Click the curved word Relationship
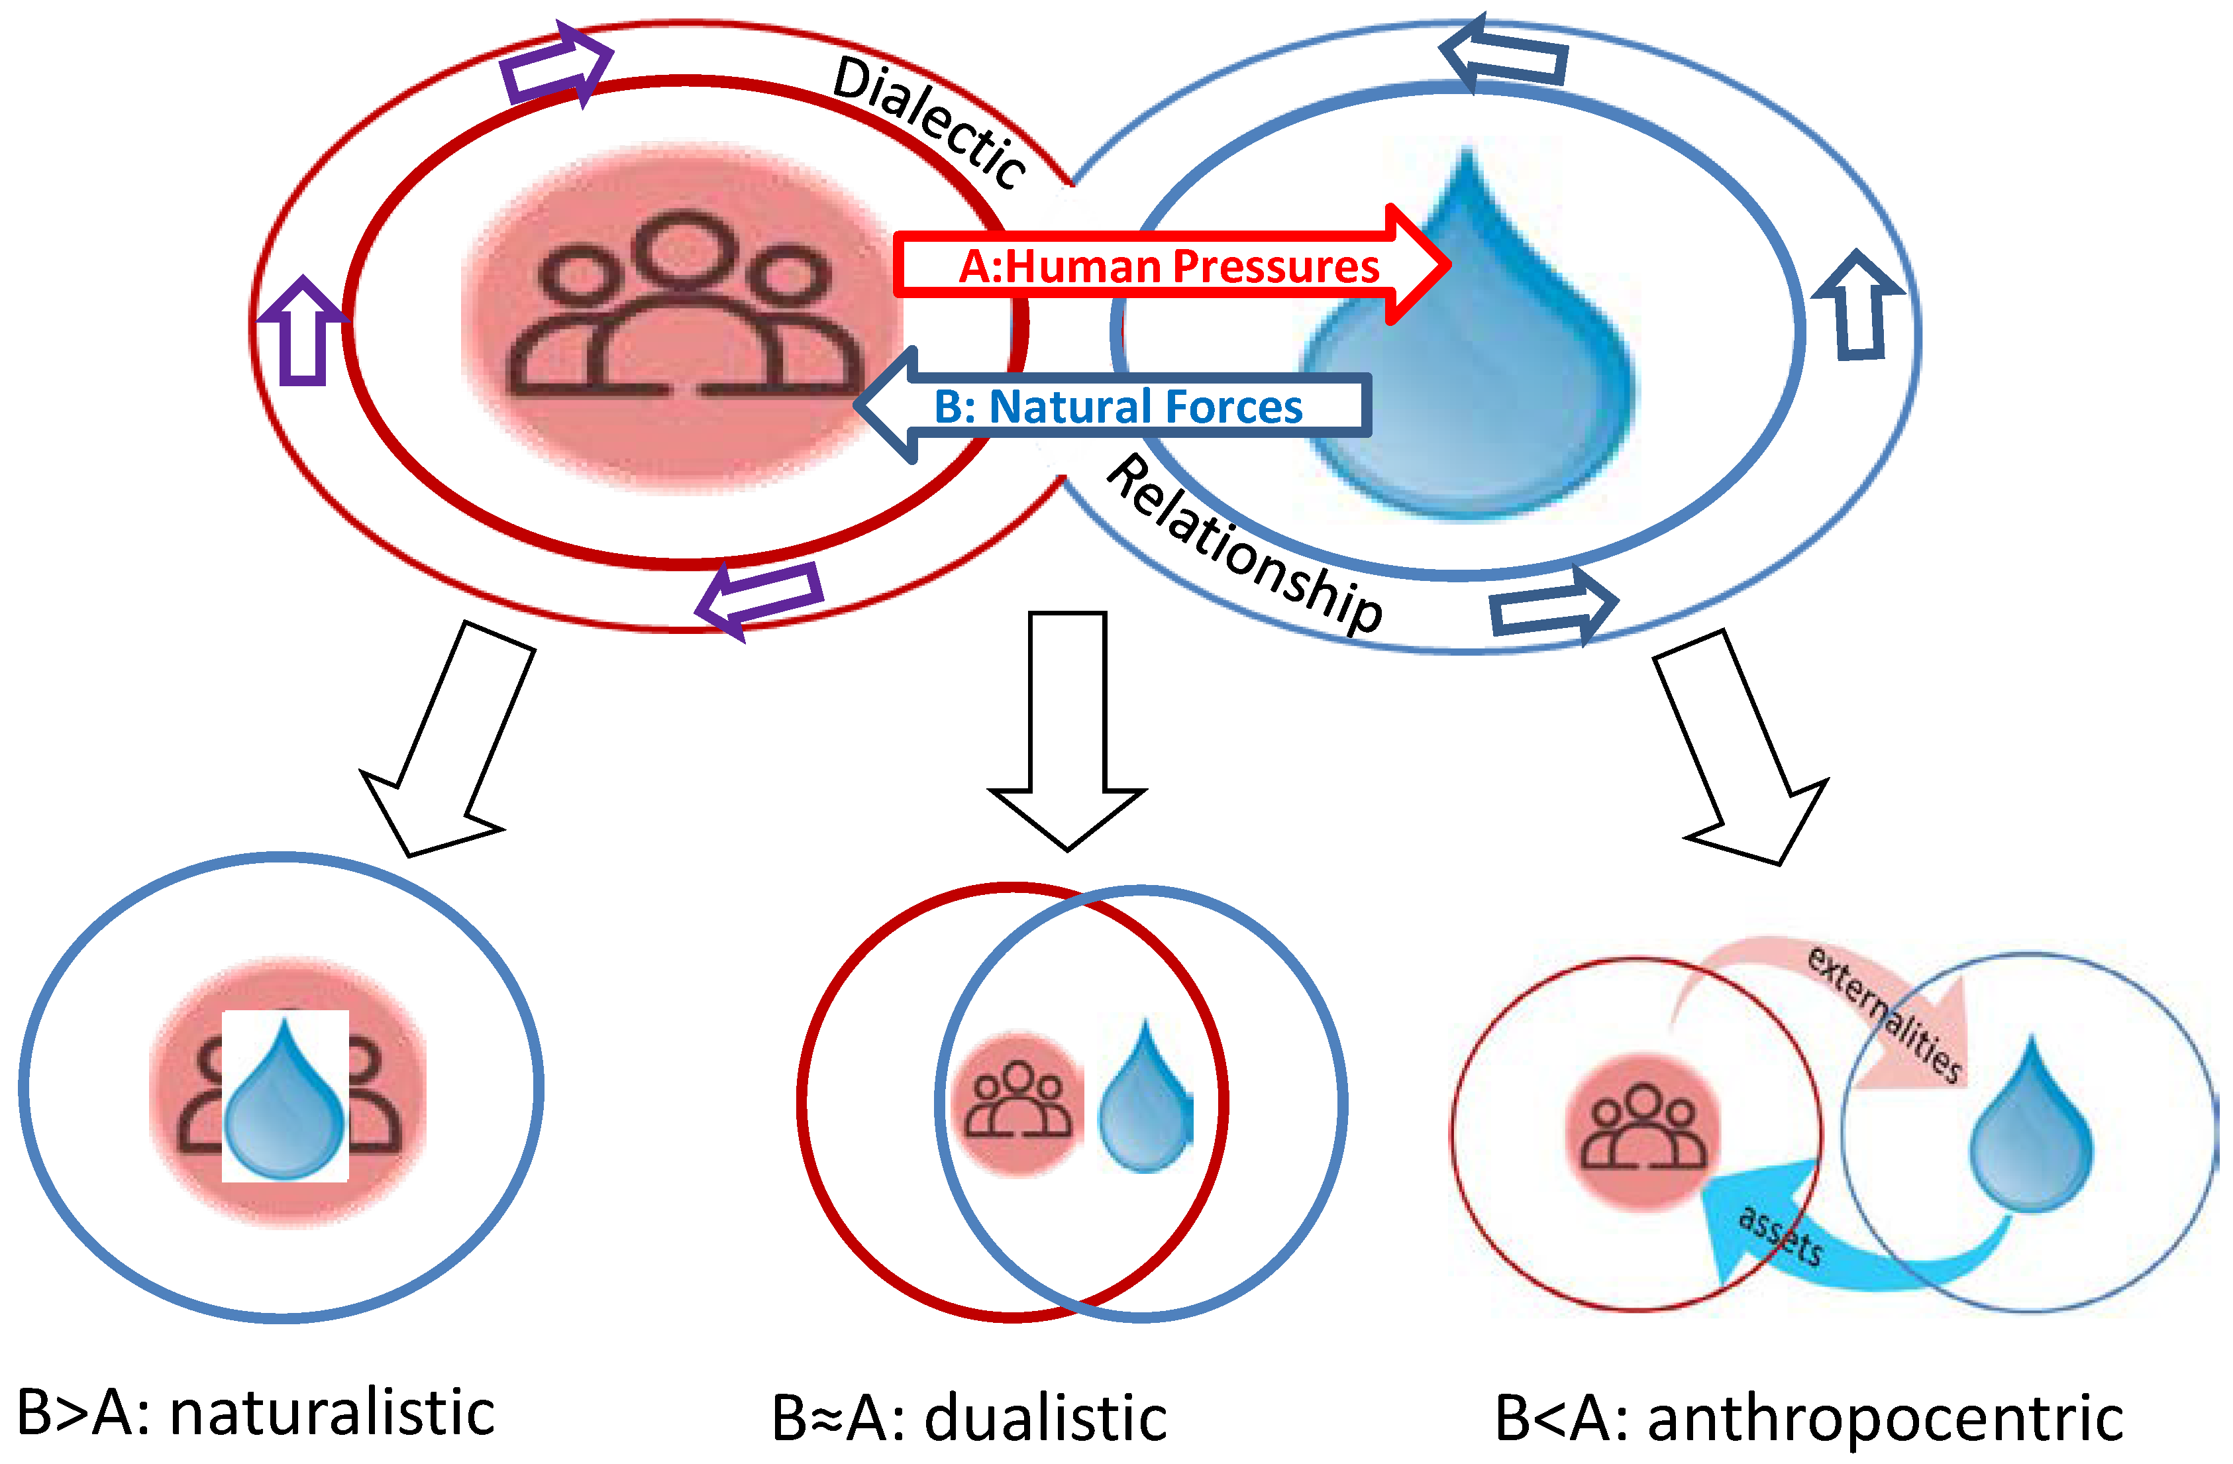coord(1243,545)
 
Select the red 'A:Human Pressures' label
coord(1168,266)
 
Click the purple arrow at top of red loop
coord(556,66)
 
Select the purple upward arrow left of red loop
coord(303,333)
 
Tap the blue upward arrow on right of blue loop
coord(1857,305)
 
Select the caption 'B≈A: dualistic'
coord(969,1416)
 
